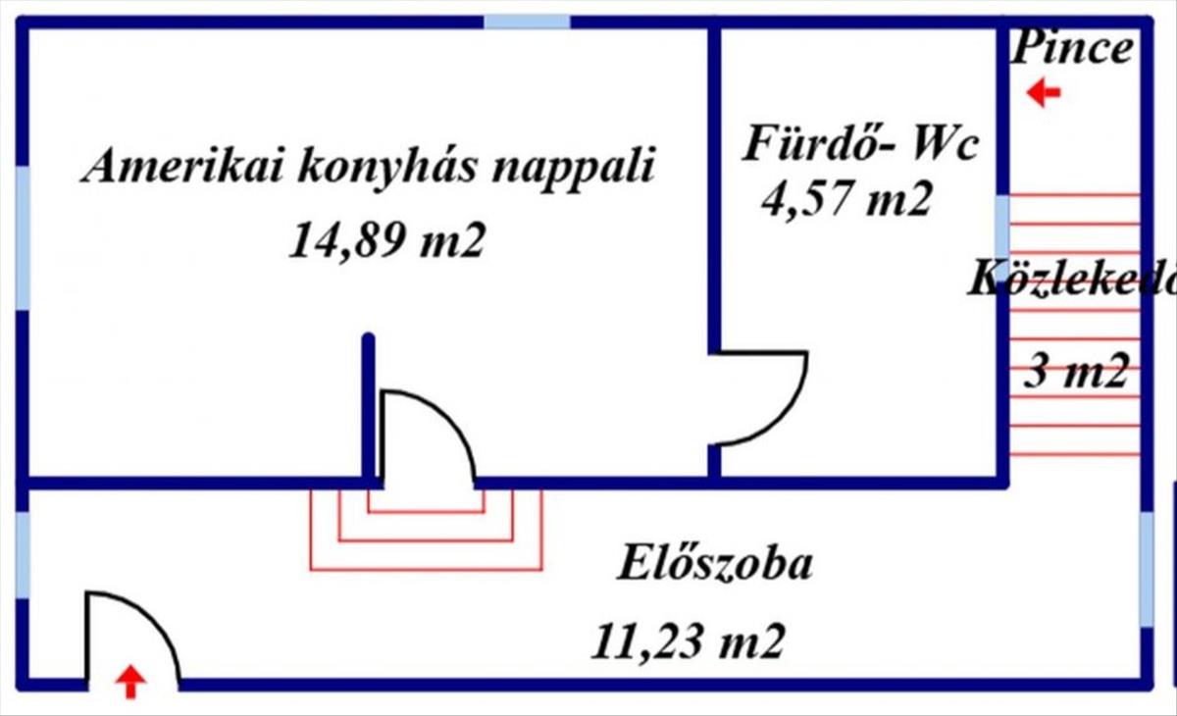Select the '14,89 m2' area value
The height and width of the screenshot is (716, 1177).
tap(386, 239)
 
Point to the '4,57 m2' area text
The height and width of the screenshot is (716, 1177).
tap(844, 200)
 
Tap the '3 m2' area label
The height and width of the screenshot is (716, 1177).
tap(1075, 373)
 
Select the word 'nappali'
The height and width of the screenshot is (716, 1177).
tap(571, 167)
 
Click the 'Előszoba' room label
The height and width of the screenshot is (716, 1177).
tap(715, 565)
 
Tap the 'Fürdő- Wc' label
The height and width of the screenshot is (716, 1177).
tap(860, 146)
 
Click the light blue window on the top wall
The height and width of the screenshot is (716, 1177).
tap(528, 22)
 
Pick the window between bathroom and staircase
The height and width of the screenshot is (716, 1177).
tap(1002, 227)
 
